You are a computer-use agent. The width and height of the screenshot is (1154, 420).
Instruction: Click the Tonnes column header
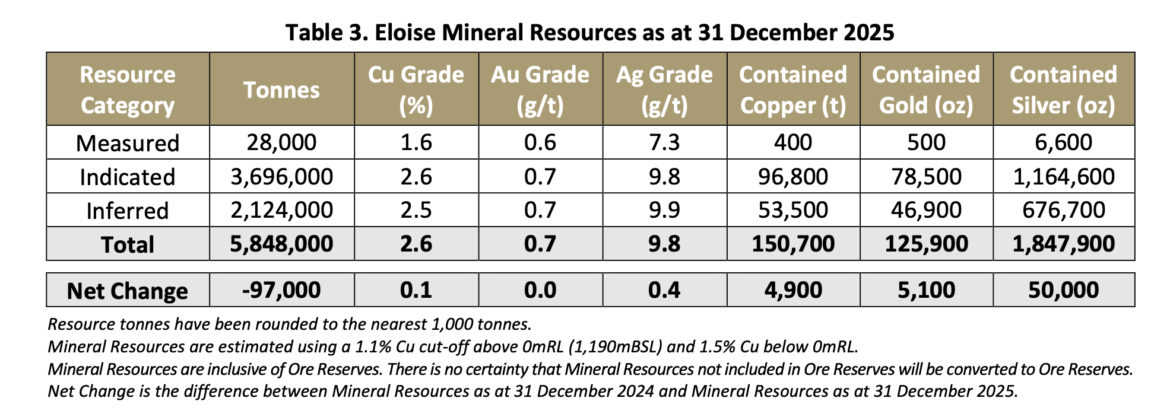(x=281, y=90)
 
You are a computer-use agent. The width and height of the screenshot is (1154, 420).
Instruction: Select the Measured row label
(x=128, y=143)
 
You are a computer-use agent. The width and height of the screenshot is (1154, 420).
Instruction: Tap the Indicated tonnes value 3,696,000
(x=281, y=177)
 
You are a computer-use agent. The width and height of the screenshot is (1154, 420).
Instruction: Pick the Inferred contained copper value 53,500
(x=793, y=210)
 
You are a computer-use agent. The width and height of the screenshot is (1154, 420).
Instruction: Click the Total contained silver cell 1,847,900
(x=1064, y=244)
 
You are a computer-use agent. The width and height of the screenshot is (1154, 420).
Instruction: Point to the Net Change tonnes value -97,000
(x=281, y=290)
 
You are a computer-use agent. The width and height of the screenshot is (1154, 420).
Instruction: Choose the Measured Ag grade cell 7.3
(x=664, y=142)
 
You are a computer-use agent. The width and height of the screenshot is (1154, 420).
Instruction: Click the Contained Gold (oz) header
(x=926, y=90)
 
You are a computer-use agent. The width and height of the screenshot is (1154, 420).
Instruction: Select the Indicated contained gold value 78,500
(x=926, y=177)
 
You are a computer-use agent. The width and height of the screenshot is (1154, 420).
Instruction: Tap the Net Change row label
(x=128, y=291)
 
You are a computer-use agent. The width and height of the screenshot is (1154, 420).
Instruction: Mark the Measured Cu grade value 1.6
(x=416, y=142)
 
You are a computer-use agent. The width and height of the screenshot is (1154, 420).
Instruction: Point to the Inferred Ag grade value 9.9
(x=664, y=210)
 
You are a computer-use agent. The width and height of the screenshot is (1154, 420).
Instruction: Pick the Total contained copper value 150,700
(x=793, y=244)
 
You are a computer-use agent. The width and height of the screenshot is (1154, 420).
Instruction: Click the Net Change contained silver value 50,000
(x=1064, y=290)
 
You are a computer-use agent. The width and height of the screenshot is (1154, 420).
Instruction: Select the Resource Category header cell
(x=128, y=90)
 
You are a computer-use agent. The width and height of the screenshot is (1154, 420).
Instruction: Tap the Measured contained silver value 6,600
(x=1064, y=142)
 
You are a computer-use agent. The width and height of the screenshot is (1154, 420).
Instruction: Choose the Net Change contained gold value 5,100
(x=926, y=290)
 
